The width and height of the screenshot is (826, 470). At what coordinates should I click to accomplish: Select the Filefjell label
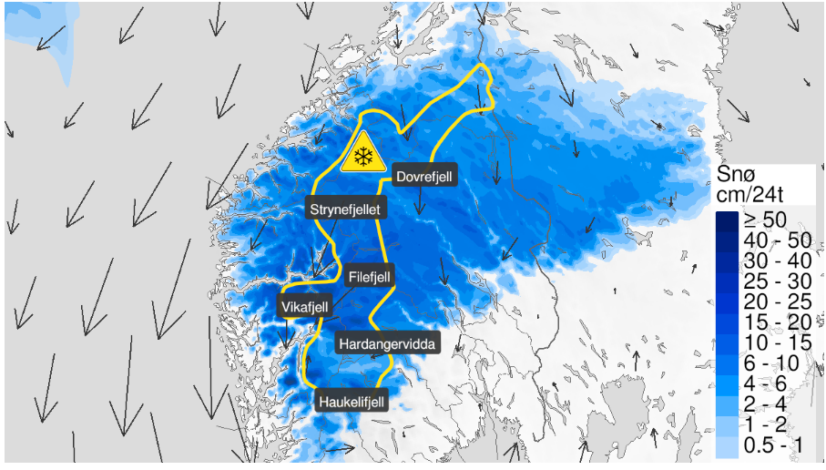(x=371, y=274)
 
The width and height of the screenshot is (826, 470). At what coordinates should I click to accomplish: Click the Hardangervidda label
(x=387, y=343)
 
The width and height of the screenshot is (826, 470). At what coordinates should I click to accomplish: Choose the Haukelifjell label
(x=352, y=401)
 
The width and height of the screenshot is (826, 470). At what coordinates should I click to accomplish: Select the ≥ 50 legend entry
(x=765, y=220)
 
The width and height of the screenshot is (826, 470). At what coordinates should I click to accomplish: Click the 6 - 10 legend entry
(x=770, y=363)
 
